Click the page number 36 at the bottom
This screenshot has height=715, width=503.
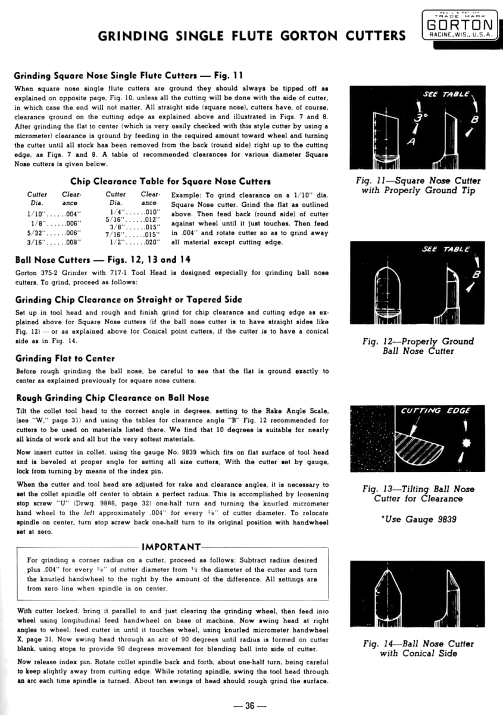tap(249, 706)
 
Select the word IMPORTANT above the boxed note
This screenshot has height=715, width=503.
tap(172, 547)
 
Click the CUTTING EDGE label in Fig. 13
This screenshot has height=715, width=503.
tap(436, 411)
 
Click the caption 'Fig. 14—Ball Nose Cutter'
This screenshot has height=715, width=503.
tap(418, 644)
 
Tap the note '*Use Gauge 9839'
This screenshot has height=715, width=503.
tap(418, 520)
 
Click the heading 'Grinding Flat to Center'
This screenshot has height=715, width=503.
tap(65, 358)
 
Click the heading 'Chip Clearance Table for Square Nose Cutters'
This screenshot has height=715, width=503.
tap(170, 181)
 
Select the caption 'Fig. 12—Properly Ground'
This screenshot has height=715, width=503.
tap(418, 341)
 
